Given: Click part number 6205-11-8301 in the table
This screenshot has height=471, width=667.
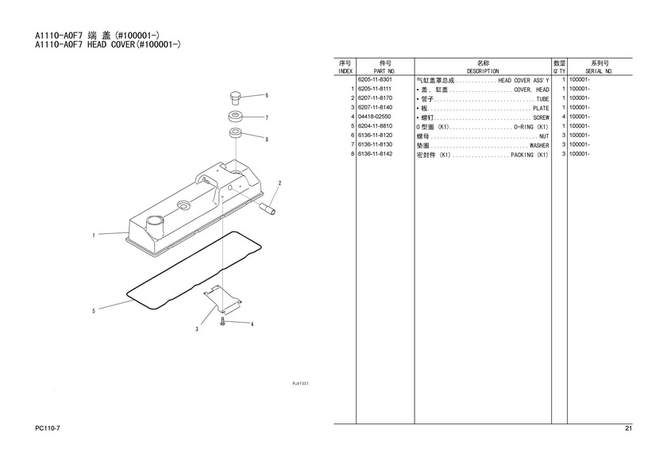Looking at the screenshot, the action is click(x=375, y=79).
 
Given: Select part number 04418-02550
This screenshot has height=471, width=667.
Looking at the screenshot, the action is click(x=374, y=117).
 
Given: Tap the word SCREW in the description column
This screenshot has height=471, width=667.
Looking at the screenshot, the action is click(x=541, y=117).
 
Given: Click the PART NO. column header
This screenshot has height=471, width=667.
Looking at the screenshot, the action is click(x=384, y=71).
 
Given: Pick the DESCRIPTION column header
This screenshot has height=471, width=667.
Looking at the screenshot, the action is click(x=483, y=71).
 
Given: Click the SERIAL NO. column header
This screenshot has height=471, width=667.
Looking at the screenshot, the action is click(x=599, y=71).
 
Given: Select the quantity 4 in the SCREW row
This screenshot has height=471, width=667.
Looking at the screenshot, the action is click(x=564, y=117).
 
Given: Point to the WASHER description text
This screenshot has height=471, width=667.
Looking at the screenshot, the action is click(x=539, y=145).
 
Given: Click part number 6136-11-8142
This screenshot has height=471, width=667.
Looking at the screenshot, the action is click(x=375, y=154).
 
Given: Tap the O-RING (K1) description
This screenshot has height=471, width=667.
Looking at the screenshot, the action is click(x=531, y=127).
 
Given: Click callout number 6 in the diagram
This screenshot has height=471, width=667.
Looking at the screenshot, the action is click(x=267, y=95).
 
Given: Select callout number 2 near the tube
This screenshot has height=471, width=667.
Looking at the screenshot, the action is click(x=280, y=183).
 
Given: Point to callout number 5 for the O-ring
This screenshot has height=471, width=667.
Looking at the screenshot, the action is click(x=94, y=311).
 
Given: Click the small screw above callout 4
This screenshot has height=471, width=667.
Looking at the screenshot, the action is click(x=222, y=321).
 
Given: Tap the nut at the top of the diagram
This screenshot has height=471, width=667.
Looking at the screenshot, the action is click(x=235, y=97).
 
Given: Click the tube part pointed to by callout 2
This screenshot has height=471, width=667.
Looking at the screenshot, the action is click(x=268, y=209).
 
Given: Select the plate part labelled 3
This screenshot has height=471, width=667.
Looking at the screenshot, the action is click(x=222, y=300).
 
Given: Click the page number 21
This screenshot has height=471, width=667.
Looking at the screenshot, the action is click(x=629, y=428).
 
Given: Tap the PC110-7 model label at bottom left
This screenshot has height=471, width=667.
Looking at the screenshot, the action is click(x=47, y=428).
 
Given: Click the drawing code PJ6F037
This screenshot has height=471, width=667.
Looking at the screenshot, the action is click(x=300, y=383).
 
